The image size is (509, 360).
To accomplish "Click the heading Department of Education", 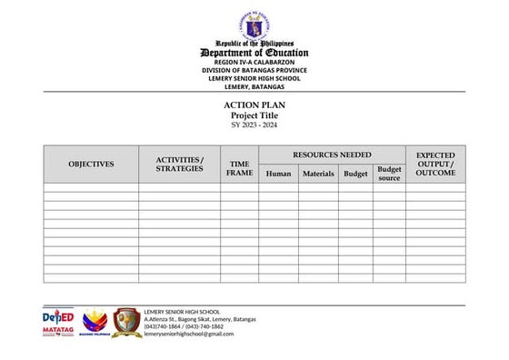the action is [254, 52].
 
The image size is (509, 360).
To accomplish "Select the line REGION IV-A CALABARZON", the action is [254, 62].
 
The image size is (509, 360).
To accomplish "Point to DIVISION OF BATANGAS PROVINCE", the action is [254, 70].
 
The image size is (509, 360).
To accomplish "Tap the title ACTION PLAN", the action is [254, 105].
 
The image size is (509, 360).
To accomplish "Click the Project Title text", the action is [254, 115].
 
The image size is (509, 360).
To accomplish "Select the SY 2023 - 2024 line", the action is [254, 125].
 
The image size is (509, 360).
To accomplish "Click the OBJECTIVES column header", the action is [91, 165].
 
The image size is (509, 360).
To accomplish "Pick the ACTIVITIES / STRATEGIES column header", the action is [179, 165].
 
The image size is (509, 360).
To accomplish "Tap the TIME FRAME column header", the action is [240, 168].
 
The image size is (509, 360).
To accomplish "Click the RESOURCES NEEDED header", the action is [332, 155].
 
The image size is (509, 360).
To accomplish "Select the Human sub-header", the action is [279, 174].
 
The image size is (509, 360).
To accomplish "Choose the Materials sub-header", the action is [318, 174].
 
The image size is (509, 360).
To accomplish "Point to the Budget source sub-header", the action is [389, 174].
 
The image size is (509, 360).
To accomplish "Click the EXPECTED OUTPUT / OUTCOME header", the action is [435, 165].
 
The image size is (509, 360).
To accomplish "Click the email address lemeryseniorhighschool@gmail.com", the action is [189, 334].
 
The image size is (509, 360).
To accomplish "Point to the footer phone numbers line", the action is [189, 326].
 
